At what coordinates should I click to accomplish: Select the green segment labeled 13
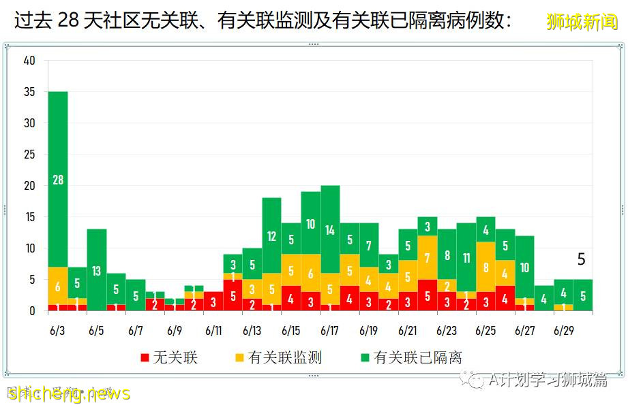[97, 270]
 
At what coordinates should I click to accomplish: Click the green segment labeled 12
[272, 235]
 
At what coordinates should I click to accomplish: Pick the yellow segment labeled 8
[485, 267]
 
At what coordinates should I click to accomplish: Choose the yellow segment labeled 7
[428, 258]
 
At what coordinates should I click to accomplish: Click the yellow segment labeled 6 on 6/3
[58, 286]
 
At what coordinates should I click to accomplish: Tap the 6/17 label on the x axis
[330, 331]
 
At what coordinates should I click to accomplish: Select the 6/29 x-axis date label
[563, 331]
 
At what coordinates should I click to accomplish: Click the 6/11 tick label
[213, 331]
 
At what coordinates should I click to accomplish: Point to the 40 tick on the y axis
[29, 61]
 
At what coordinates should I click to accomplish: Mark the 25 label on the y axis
[29, 154]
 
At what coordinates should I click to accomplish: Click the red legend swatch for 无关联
[145, 357]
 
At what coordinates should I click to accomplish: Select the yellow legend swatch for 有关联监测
[239, 357]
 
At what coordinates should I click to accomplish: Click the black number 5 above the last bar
[582, 259]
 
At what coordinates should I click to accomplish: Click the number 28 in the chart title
[69, 21]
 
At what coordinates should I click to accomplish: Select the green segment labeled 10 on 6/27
[524, 267]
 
